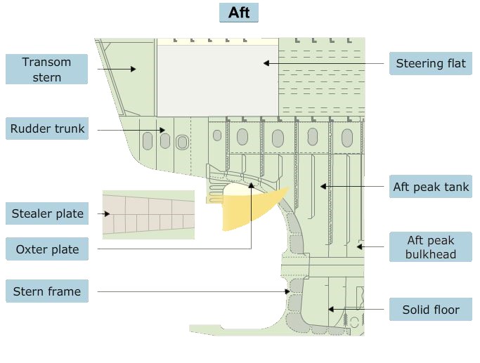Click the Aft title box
pyautogui.click(x=239, y=13)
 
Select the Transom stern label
pyautogui.click(x=46, y=70)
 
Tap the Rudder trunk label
pyautogui.click(x=47, y=128)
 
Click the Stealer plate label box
pyautogui.click(x=48, y=213)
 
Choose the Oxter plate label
pyautogui.click(x=48, y=249)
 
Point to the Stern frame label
pyautogui.click(x=47, y=291)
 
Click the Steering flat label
pyautogui.click(x=431, y=64)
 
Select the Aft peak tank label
pyautogui.click(x=431, y=187)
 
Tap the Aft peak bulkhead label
pyautogui.click(x=431, y=247)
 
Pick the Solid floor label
pyautogui.click(x=431, y=310)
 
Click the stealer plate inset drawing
pyautogui.click(x=148, y=213)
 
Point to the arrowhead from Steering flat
pyautogui.click(x=266, y=63)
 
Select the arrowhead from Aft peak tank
pyautogui.click(x=321, y=186)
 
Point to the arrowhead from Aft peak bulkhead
pyautogui.click(x=358, y=246)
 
